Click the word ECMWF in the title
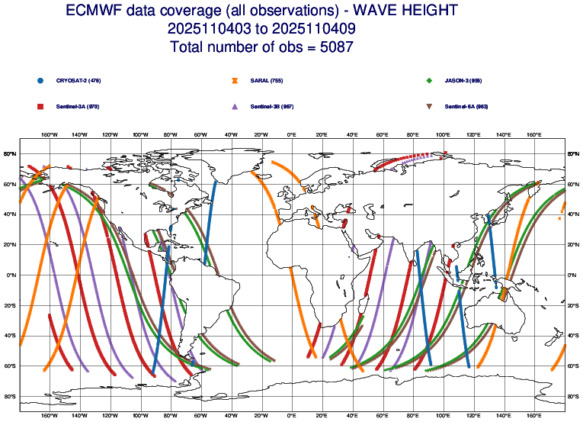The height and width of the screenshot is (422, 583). click(94, 11)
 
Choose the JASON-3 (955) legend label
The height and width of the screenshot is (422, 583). click(463, 80)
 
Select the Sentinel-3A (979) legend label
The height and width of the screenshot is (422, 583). click(78, 106)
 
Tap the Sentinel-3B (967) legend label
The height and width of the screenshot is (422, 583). click(272, 106)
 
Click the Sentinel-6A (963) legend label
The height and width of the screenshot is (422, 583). click(466, 106)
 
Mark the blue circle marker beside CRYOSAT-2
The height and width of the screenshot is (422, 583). click(40, 80)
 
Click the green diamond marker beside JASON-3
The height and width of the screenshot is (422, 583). click(430, 80)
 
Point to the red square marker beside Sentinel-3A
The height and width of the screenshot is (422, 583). click(40, 106)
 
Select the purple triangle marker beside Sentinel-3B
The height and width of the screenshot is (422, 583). click(235, 106)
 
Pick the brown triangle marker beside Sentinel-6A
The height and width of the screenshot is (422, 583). click(430, 106)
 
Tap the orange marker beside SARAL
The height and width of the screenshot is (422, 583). click(235, 80)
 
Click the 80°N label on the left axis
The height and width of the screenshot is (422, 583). click(10, 154)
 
